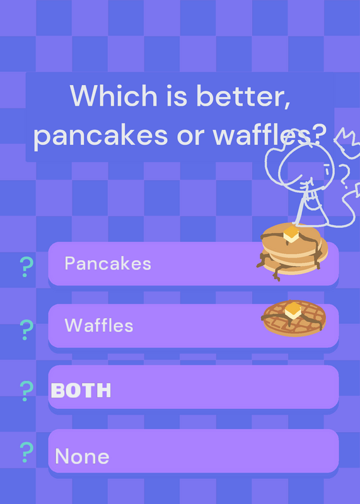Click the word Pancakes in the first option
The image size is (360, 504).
(108, 263)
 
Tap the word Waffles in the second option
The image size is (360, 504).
(99, 325)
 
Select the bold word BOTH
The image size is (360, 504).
(81, 391)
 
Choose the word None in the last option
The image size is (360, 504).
(82, 456)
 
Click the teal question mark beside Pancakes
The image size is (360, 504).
(26, 266)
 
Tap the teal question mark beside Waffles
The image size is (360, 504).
(26, 329)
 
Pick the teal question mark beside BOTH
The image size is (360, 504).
(26, 391)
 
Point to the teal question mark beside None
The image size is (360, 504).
(26, 452)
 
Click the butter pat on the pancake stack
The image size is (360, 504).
(291, 234)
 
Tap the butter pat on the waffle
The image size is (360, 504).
(293, 310)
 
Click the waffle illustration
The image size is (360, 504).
(294, 318)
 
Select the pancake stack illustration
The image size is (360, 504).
(292, 251)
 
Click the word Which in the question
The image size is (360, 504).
(113, 96)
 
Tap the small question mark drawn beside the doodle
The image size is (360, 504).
(345, 175)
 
